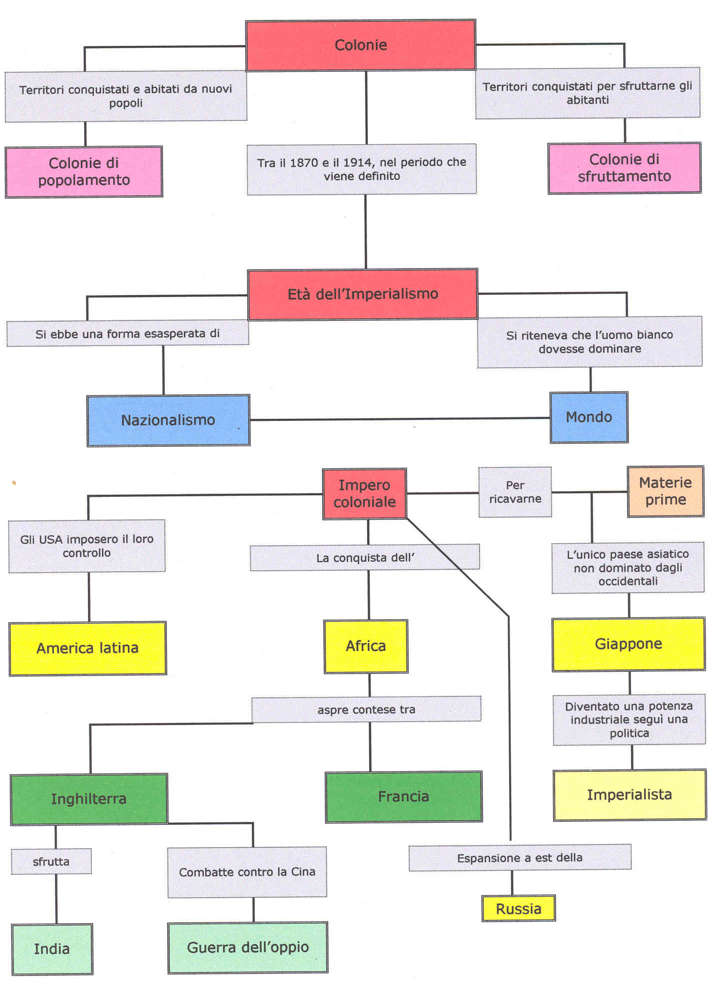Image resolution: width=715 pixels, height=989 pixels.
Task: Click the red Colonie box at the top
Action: tap(360, 45)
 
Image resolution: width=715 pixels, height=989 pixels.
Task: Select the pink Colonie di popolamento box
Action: tap(84, 172)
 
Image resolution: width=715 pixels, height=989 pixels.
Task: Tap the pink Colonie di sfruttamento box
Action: tap(624, 168)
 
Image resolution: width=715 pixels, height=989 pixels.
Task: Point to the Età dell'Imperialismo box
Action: tap(363, 294)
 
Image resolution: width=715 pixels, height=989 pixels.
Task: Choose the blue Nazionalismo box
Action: tap(168, 420)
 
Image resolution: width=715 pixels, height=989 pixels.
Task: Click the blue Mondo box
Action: tap(589, 417)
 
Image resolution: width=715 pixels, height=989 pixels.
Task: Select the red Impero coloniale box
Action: tap(364, 494)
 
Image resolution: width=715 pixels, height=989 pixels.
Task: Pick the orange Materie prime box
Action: tap(665, 491)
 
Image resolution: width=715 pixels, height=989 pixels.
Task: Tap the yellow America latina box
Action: tap(87, 648)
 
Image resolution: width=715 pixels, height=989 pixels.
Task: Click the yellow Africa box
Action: tap(366, 646)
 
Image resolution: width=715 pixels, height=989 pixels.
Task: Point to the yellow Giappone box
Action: tap(628, 644)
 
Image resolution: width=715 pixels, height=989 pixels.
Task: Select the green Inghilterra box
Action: tap(89, 799)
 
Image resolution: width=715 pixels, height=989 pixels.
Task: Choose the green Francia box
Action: tap(403, 796)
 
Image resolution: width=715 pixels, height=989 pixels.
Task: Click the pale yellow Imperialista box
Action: tap(629, 795)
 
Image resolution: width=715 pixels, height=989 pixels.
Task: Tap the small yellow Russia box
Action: tap(518, 909)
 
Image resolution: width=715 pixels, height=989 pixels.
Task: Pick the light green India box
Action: tap(52, 949)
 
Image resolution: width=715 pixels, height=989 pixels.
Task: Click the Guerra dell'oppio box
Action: tap(248, 948)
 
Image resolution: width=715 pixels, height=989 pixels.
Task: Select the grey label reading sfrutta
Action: tap(51, 861)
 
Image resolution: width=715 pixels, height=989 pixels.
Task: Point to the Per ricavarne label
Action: tap(515, 492)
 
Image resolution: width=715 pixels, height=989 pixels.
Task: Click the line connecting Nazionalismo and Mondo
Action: tap(400, 419)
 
